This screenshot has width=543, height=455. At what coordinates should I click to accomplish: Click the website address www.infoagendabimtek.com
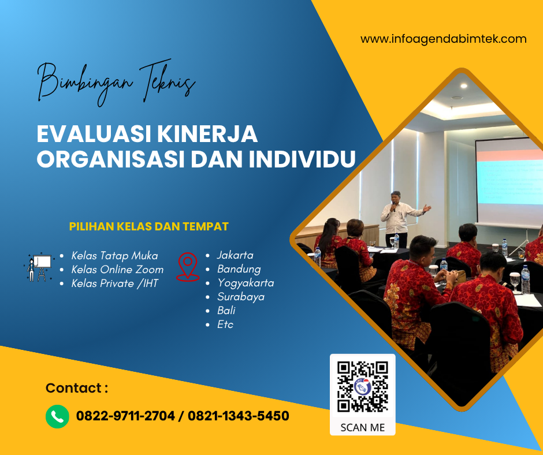443,39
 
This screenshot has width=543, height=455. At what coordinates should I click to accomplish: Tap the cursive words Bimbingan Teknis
116,83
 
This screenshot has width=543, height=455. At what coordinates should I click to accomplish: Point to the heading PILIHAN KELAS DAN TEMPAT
148,226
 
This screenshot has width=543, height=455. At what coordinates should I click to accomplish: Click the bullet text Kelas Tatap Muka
114,256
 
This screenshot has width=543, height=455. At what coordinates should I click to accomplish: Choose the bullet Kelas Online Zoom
117,270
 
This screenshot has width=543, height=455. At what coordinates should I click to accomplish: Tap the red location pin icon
188,267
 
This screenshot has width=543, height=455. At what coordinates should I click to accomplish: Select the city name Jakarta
235,255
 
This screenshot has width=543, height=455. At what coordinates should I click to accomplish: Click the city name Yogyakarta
246,283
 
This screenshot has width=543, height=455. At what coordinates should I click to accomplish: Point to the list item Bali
226,311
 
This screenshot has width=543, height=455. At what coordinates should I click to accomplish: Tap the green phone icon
57,416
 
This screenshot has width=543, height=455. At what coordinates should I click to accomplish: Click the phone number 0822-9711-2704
125,416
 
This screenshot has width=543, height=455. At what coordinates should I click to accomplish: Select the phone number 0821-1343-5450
239,416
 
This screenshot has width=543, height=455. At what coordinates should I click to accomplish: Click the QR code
362,387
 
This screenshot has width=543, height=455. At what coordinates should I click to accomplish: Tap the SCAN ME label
362,428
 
